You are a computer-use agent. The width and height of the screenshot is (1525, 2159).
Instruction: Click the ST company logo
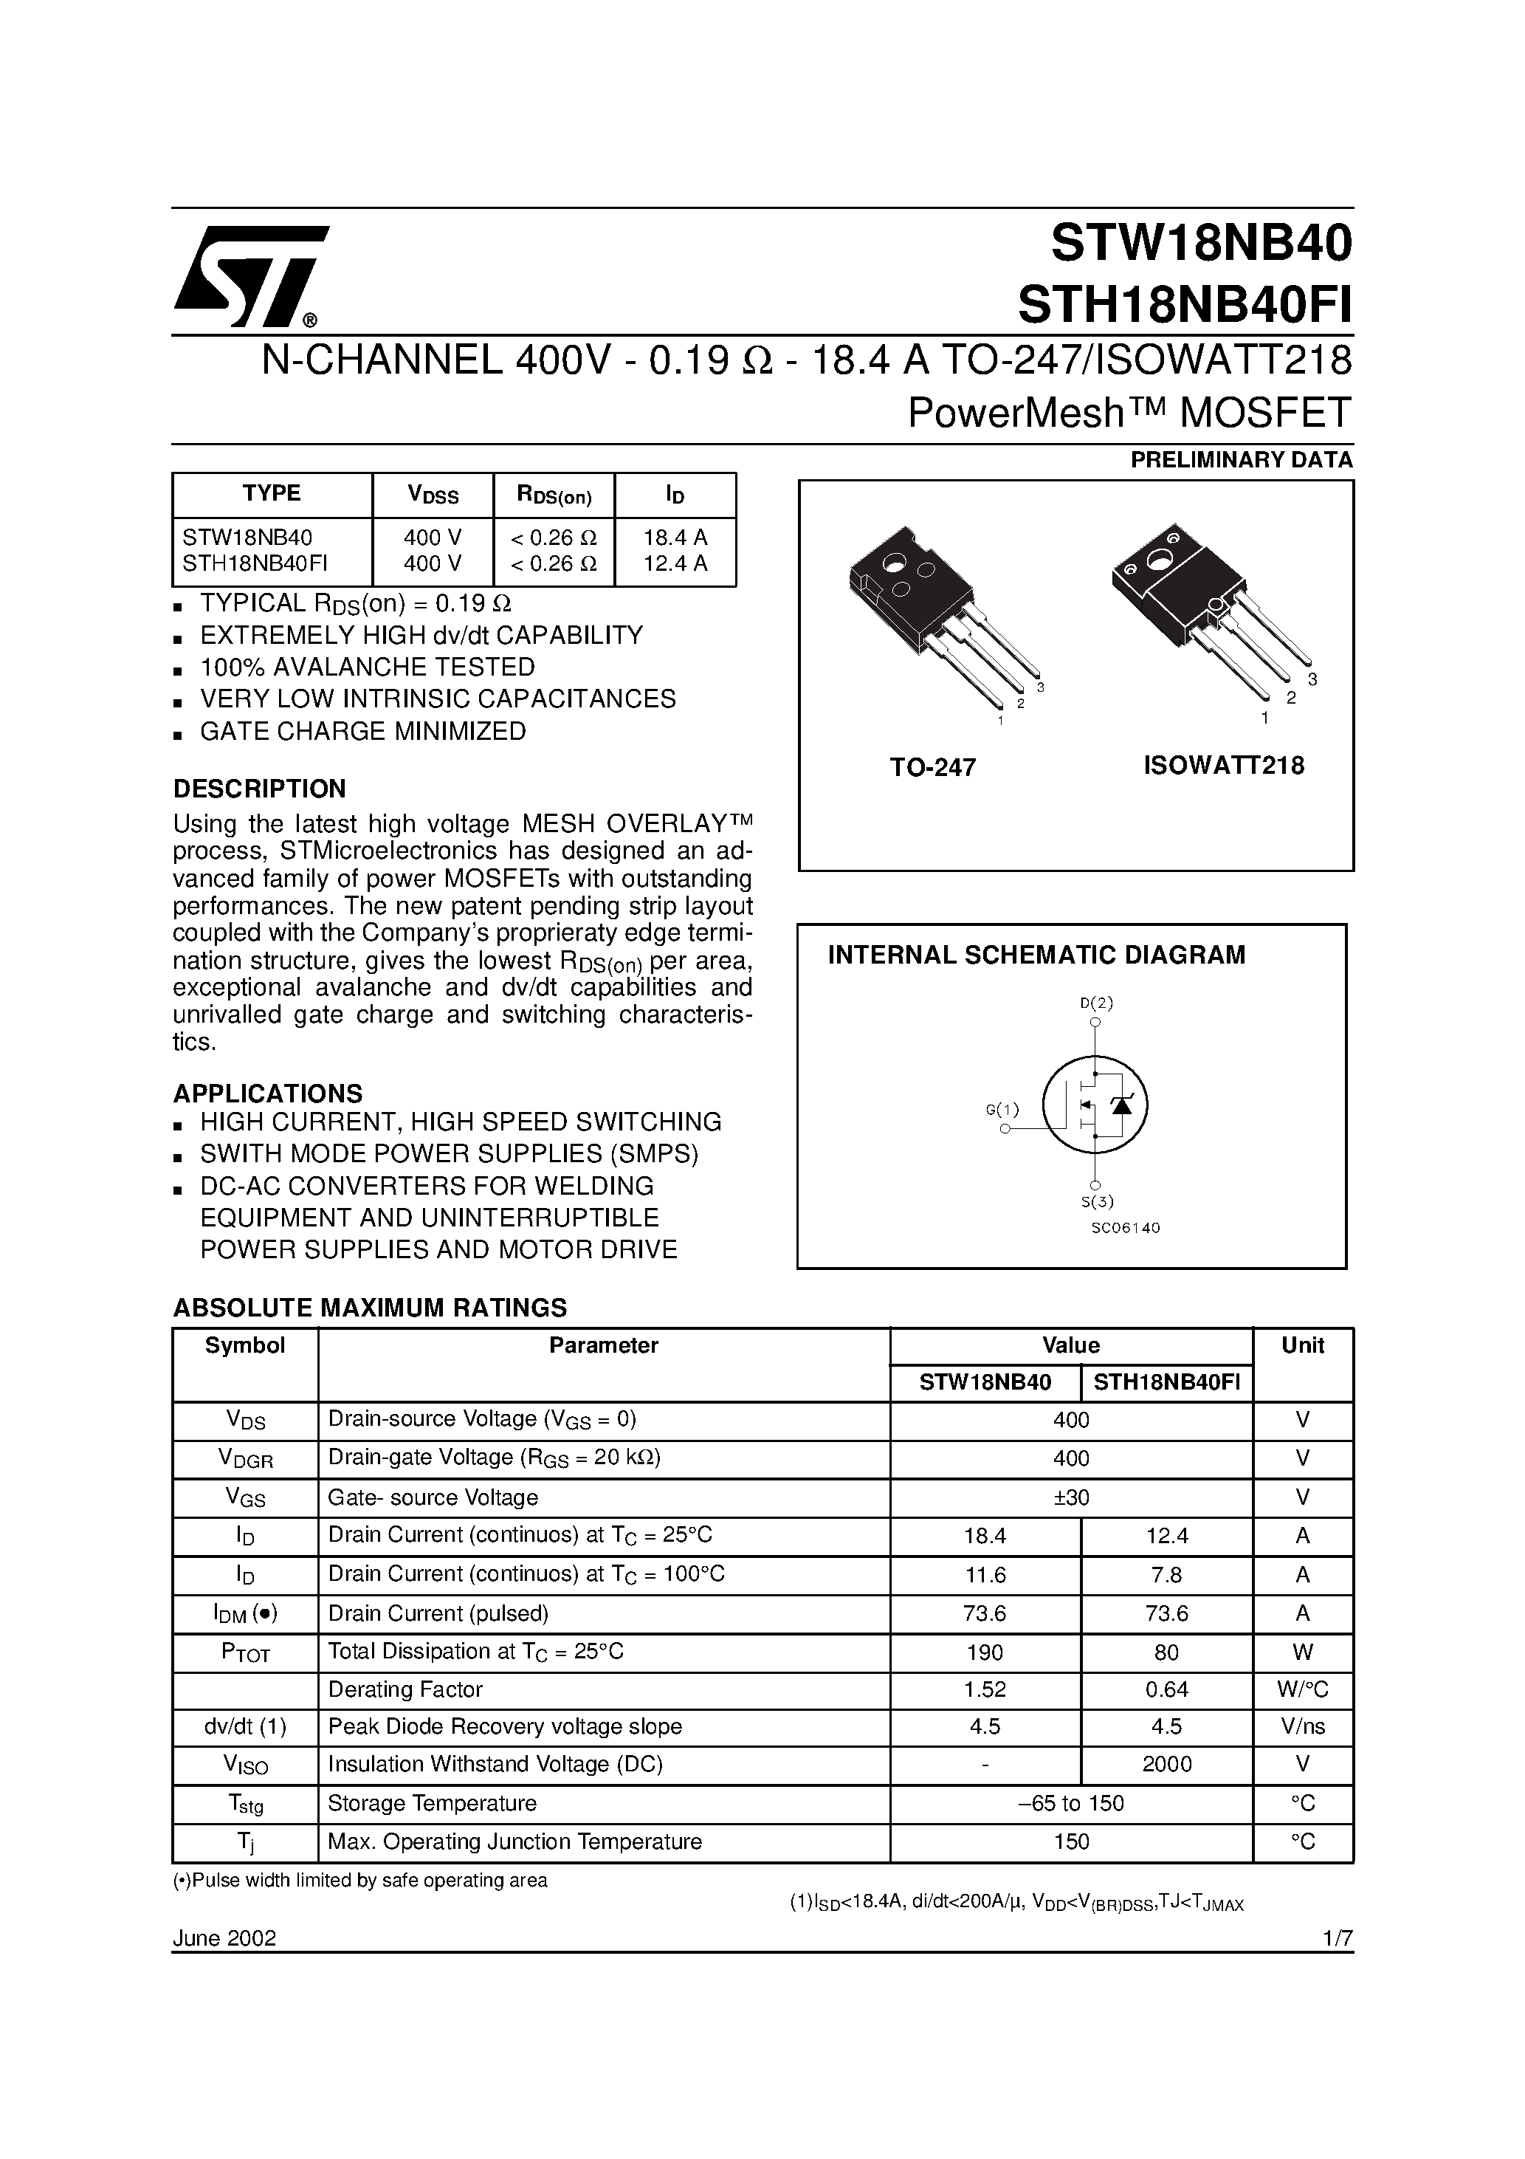coord(250,275)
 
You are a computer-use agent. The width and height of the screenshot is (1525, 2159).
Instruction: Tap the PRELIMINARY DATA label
coord(1241,460)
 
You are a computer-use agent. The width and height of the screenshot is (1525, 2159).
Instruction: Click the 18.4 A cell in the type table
coord(675,538)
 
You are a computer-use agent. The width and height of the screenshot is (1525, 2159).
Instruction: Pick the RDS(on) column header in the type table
coord(554,495)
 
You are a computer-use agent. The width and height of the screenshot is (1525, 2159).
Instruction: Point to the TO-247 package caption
coord(933,767)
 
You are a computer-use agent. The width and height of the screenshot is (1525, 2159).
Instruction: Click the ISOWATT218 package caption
coord(1223,766)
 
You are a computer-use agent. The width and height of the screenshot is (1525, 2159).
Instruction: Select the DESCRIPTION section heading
coord(260,788)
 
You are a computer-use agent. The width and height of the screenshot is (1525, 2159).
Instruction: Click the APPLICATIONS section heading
coord(267,1093)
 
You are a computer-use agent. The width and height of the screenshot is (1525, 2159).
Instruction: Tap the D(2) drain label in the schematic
coord(1096,1003)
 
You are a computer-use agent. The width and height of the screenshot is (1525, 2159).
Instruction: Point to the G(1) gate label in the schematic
coord(1002,1110)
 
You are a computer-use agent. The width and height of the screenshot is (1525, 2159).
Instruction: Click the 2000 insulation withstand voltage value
coord(1167,1764)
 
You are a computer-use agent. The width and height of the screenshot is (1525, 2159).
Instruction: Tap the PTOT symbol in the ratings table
coord(245,1652)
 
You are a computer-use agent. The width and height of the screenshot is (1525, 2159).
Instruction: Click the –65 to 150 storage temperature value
coord(1071,1802)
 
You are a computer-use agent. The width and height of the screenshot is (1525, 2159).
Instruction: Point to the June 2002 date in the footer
coord(224,1911)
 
